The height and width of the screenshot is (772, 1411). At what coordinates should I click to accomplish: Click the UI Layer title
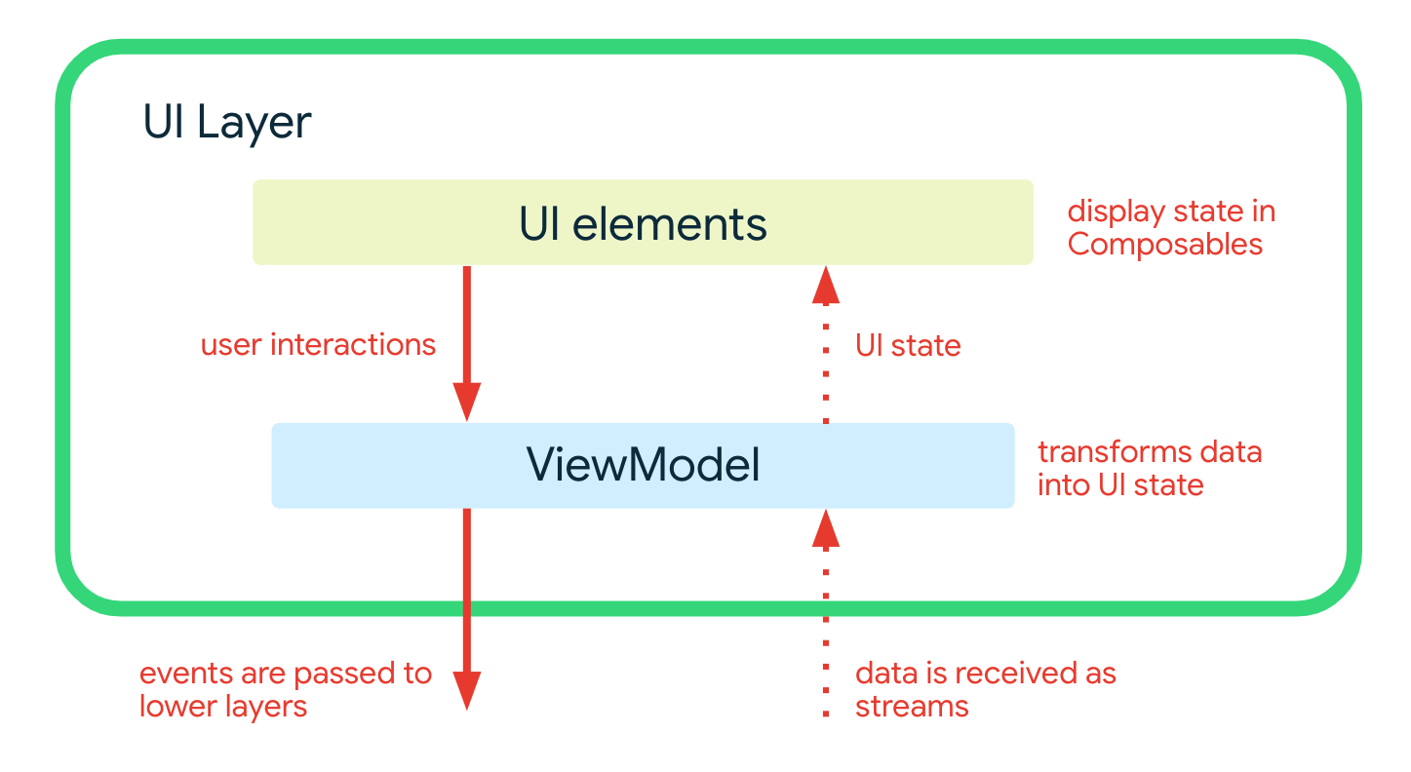point(227,124)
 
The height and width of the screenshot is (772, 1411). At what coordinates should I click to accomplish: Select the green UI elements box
point(643,222)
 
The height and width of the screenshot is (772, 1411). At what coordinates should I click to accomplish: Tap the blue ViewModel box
point(643,465)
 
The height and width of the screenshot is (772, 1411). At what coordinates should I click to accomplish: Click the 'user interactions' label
point(318,344)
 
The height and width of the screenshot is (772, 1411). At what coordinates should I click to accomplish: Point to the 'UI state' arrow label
point(908,345)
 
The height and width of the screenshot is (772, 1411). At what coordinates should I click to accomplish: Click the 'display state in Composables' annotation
point(1170,227)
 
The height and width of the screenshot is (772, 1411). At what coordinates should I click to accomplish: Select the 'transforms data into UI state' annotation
point(1149,468)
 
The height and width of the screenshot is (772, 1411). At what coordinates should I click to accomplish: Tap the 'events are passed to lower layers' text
point(285,689)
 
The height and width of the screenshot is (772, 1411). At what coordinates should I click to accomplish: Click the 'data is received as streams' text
point(985,689)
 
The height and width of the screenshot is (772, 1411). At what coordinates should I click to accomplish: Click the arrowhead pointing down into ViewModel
point(466,401)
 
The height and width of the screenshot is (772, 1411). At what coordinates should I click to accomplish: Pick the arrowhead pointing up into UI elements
point(826,286)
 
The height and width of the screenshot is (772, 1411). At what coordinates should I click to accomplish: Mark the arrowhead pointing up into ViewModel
point(826,528)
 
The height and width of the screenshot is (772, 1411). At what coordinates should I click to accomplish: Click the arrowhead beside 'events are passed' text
point(466,690)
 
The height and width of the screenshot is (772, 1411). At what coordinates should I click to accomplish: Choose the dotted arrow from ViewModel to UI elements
point(826,361)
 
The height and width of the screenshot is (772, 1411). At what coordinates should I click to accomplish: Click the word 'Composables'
point(1164,244)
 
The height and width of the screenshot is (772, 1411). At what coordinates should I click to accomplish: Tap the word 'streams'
point(912,706)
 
